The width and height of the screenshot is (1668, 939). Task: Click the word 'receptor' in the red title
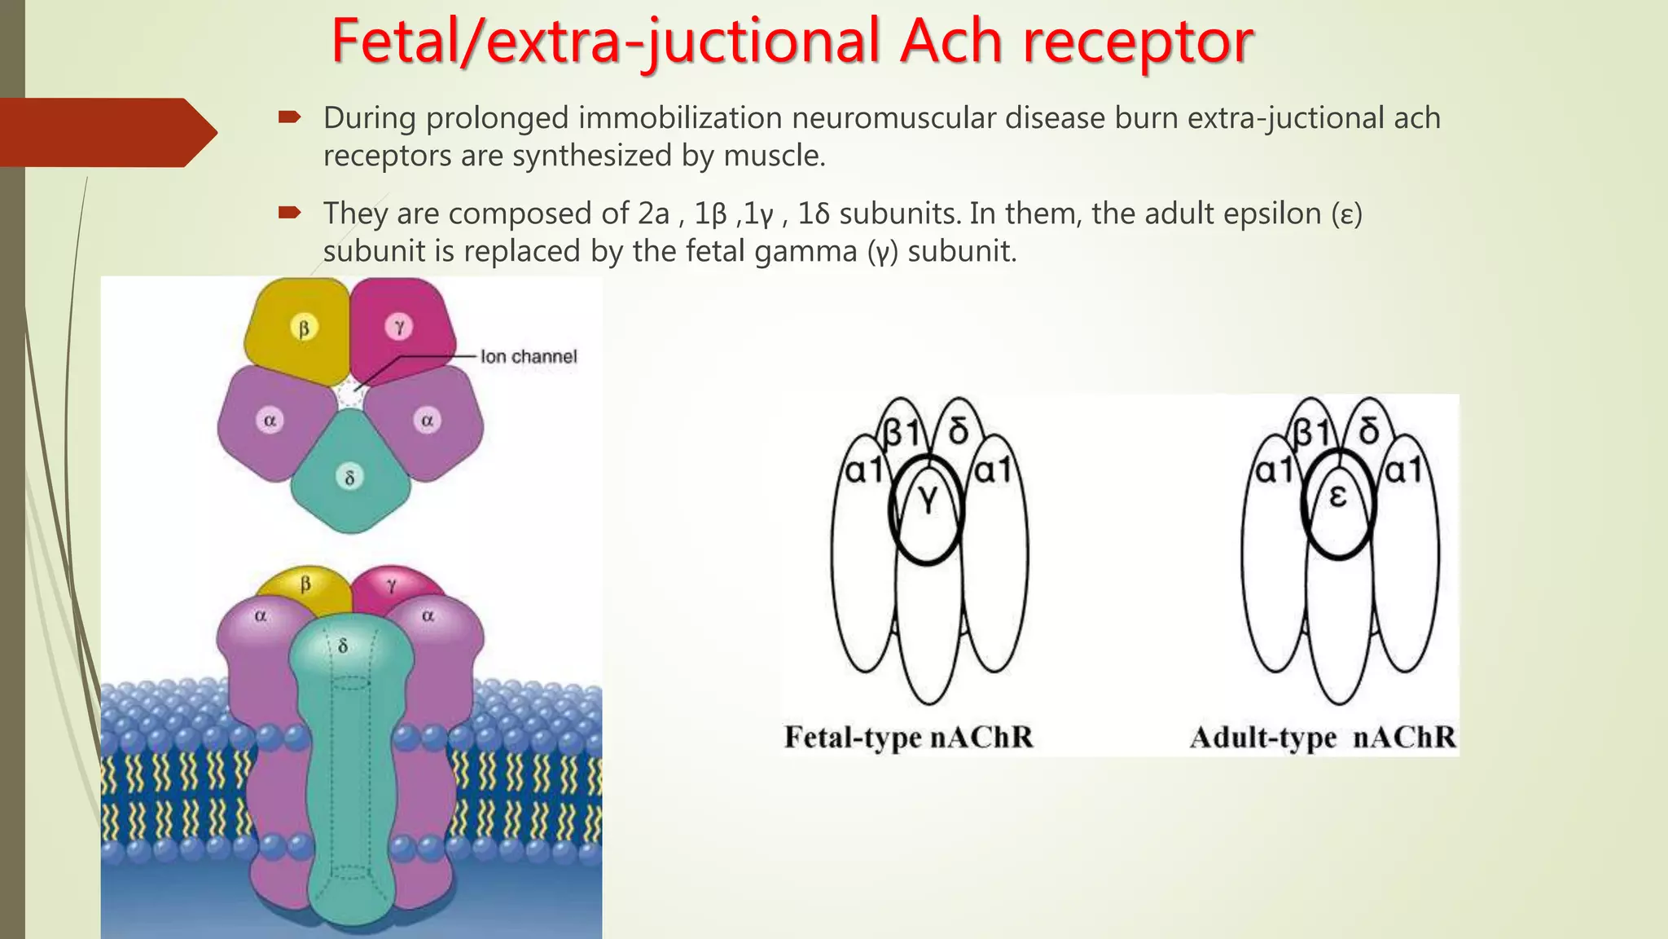1138,42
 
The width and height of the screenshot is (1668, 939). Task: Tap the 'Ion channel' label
528,356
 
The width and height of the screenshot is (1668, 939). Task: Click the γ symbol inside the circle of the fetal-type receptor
928,500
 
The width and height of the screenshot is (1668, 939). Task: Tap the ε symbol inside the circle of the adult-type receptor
1337,496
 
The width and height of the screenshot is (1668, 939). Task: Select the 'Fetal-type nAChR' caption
908,737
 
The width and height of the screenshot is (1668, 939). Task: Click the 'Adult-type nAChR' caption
1322,737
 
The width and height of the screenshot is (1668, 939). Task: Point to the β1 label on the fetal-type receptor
902,433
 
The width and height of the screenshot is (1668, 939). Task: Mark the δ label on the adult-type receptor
1369,431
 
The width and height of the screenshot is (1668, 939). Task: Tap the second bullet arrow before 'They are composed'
289,214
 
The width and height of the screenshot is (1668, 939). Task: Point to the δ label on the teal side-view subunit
343,646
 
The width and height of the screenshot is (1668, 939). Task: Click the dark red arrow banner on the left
106,132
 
